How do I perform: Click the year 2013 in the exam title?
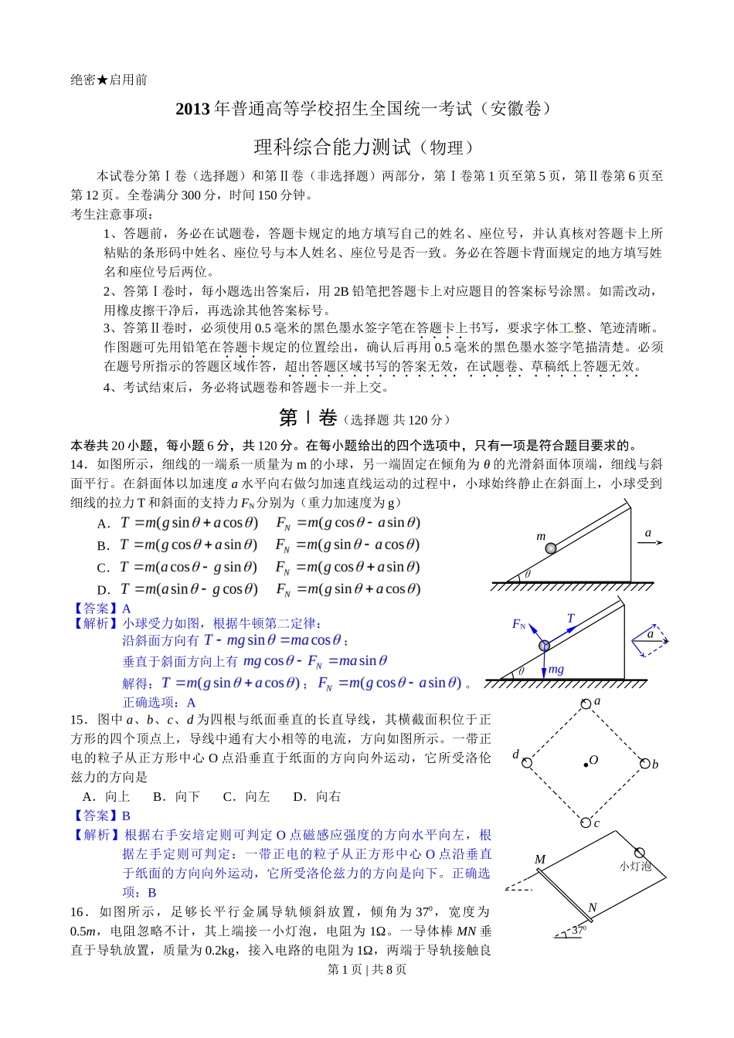tap(192, 109)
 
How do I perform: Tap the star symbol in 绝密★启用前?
tap(102, 80)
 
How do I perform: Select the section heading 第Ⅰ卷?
tap(308, 418)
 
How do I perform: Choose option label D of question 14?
tap(103, 589)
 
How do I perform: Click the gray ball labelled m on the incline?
tap(550, 548)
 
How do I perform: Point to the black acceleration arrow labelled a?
tap(650, 543)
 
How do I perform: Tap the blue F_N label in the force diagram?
tap(518, 624)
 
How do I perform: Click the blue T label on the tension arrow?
tap(571, 619)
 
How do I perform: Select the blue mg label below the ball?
tap(556, 670)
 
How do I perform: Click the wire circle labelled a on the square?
tap(586, 704)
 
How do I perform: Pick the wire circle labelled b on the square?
tap(645, 763)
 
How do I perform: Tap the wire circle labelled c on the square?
tap(586, 823)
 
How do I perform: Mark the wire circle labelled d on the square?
tap(526, 763)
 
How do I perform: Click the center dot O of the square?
tap(586, 764)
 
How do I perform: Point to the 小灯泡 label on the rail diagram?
tap(635, 866)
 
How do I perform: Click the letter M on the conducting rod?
tap(539, 860)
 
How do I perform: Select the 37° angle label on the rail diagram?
tap(579, 931)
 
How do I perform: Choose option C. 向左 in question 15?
tap(246, 796)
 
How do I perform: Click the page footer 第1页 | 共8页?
tap(367, 969)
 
